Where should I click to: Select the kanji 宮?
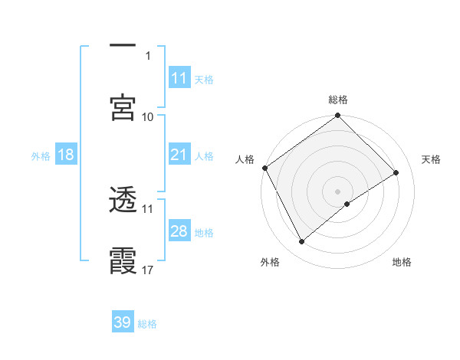[123, 108]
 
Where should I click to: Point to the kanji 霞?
[123, 260]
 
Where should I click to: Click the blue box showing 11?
[179, 78]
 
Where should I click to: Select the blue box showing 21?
[179, 155]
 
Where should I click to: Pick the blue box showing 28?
[179, 231]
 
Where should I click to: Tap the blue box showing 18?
[66, 155]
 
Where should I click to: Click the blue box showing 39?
[123, 322]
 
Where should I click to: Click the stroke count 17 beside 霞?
[148, 270]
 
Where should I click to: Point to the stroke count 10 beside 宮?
[148, 116]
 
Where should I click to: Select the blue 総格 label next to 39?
[147, 324]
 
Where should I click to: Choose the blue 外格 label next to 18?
[41, 156]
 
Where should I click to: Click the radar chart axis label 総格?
[338, 100]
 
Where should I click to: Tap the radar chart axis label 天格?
[431, 159]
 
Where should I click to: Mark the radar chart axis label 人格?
[245, 159]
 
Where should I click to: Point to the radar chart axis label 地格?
[402, 263]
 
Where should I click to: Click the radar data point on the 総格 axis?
[338, 116]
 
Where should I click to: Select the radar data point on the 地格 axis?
[347, 204]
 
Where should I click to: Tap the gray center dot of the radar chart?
[338, 191]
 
